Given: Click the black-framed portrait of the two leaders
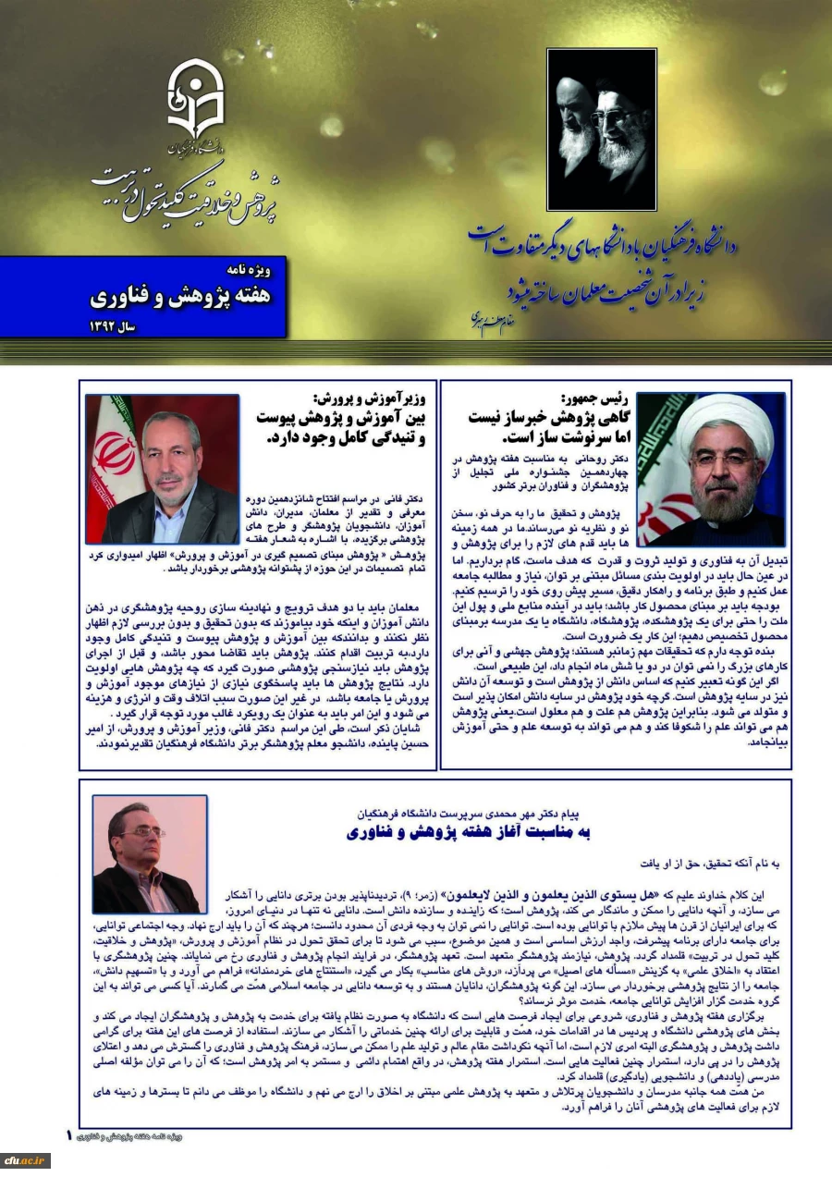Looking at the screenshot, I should click(601, 129).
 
